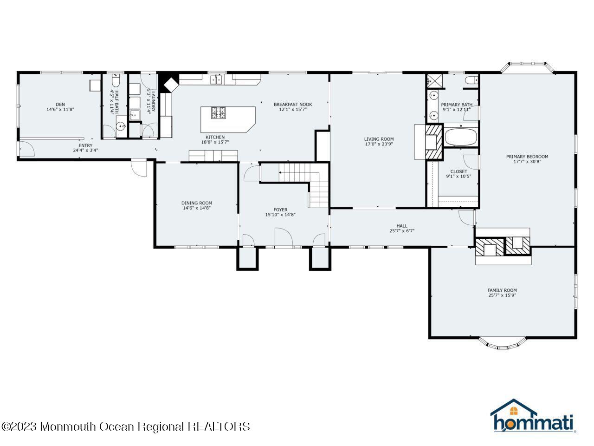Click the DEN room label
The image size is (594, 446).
tap(60, 104)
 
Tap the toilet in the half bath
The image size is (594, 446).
tap(116, 80)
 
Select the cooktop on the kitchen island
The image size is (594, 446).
tap(218, 112)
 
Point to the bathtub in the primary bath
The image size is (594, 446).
tap(461, 137)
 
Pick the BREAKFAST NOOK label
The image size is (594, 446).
tap(292, 104)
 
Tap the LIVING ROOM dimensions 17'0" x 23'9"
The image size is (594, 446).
tap(379, 144)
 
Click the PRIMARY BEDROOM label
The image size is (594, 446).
tap(527, 157)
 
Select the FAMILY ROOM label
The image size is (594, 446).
tap(502, 290)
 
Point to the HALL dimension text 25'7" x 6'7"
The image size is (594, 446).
tap(401, 231)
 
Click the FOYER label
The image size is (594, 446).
tap(280, 210)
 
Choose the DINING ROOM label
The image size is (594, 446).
tap(196, 203)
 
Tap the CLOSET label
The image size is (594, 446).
tap(458, 171)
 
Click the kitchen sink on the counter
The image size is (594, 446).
tap(217, 79)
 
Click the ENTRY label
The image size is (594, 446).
tap(85, 145)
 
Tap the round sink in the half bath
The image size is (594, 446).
tap(121, 126)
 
